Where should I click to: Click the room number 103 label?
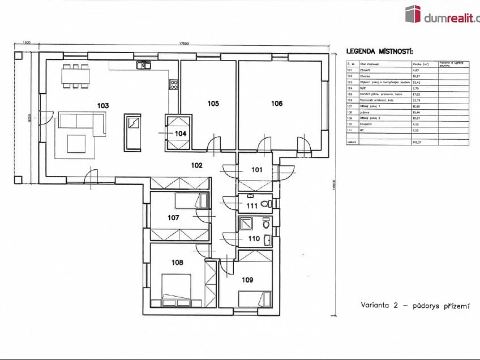click(102, 105)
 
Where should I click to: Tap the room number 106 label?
click(276, 104)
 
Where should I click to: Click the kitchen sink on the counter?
click(142, 66)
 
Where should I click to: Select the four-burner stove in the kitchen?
click(174, 85)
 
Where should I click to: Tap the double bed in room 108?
click(177, 287)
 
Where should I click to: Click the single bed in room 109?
click(253, 298)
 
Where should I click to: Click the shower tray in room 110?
click(246, 223)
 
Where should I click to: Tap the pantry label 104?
click(180, 133)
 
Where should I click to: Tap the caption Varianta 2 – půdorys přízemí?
click(415, 306)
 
